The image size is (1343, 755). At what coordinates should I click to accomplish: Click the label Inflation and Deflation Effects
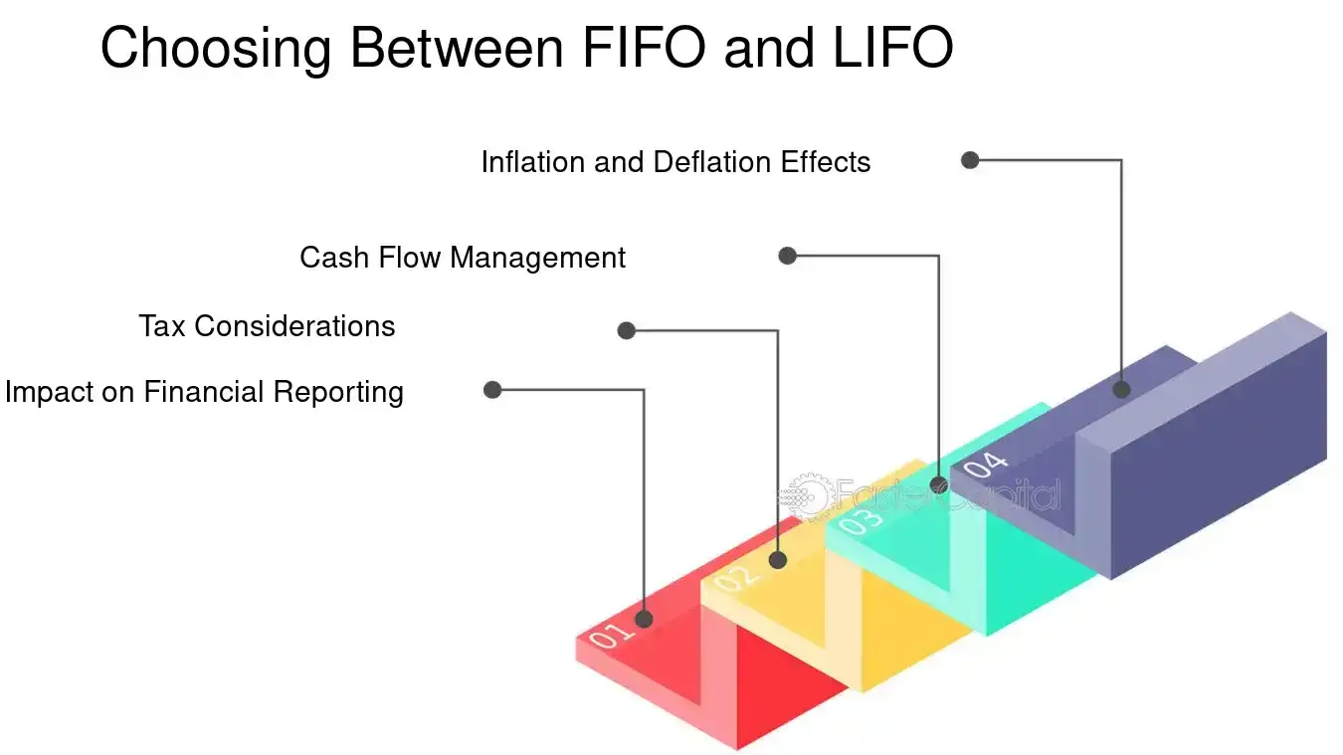675,162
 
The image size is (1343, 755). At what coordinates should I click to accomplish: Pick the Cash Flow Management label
463,258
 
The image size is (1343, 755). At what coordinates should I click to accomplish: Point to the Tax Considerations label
267,325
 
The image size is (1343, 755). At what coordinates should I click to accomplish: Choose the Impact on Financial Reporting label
204,392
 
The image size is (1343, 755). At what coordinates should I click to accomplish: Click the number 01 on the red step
610,636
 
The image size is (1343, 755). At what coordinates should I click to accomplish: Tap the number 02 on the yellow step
737,577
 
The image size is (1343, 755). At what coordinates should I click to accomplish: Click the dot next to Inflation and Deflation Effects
970,160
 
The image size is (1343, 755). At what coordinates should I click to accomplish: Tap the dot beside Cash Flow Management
787,256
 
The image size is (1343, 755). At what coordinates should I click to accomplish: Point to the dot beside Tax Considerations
626,330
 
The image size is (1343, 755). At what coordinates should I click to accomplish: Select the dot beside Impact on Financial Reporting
491,390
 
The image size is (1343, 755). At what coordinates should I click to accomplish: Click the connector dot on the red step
644,619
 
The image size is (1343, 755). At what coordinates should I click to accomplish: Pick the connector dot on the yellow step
778,560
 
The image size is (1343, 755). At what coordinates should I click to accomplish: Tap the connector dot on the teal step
938,485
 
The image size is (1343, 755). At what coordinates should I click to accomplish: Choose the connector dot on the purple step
1121,389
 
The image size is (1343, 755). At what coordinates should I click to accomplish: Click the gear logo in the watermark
804,496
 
